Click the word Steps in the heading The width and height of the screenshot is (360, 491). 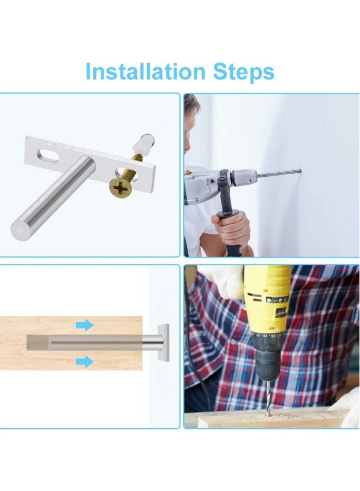(x=243, y=71)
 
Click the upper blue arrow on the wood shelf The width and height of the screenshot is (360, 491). (x=84, y=325)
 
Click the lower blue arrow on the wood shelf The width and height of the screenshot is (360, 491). (x=84, y=361)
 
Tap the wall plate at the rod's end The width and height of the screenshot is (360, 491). (x=163, y=343)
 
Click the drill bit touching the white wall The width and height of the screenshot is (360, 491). (x=278, y=173)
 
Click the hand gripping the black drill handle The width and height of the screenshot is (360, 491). (x=232, y=226)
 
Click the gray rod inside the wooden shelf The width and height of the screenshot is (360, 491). (x=82, y=343)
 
